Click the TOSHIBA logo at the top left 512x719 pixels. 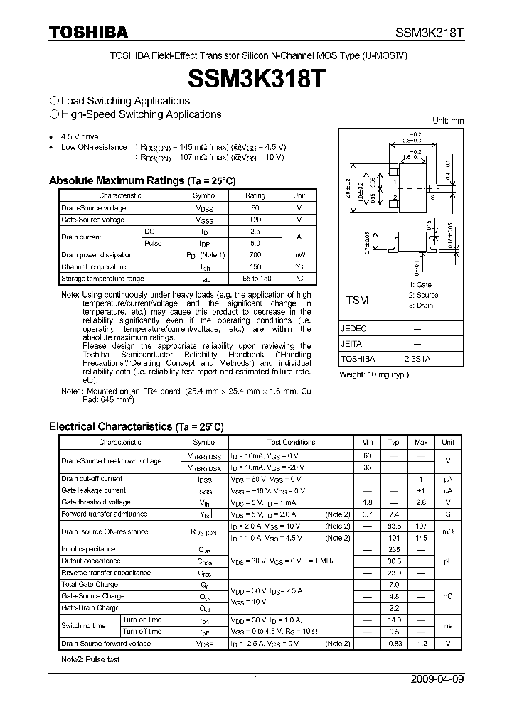[88, 32]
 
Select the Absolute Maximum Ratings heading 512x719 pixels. [142, 180]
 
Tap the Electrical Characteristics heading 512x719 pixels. [136, 426]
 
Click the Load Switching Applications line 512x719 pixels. [120, 101]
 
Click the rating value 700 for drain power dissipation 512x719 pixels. [255, 254]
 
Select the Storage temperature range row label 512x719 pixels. [102, 279]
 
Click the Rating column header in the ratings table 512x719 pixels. [255, 195]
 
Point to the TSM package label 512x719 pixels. [357, 301]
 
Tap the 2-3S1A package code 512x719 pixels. [417, 359]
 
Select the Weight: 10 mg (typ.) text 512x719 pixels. [374, 374]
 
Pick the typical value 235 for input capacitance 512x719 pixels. [394, 549]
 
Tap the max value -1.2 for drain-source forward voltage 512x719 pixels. [421, 644]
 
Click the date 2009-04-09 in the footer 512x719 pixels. [437, 679]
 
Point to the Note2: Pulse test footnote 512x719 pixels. [90, 660]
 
